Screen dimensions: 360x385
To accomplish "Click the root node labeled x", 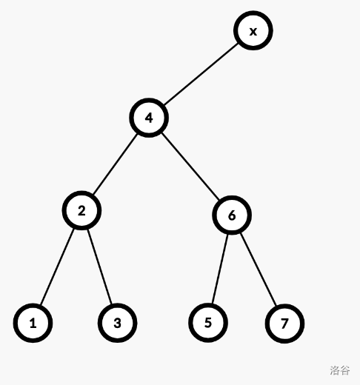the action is (x=253, y=30).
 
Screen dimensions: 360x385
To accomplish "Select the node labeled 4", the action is (x=149, y=118).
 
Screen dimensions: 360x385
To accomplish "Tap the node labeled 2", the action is (x=81, y=210).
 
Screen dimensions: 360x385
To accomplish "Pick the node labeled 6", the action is (x=232, y=215).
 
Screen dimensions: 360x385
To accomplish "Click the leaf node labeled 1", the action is (x=33, y=323).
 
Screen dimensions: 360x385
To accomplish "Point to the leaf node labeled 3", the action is (x=118, y=323).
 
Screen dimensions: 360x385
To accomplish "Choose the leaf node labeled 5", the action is (x=208, y=323).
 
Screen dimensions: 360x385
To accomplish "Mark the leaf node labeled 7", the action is (x=284, y=324).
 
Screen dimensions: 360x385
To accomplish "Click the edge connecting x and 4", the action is (x=201, y=74).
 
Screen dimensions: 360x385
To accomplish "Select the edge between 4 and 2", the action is (x=115, y=164).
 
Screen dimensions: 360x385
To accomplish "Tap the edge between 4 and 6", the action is (x=190, y=167).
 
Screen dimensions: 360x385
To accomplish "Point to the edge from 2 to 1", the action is (x=57, y=267).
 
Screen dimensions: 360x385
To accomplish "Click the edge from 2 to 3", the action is (x=100, y=267).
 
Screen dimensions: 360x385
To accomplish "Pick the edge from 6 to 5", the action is (x=220, y=269).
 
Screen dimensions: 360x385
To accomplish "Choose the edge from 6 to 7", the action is (x=259, y=269).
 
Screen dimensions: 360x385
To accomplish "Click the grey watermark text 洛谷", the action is (x=340, y=370).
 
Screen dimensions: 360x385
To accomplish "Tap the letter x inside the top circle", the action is (x=253, y=32).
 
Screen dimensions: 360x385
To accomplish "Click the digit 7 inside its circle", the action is (x=284, y=324).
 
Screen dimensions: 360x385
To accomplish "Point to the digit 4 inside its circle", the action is (x=149, y=118).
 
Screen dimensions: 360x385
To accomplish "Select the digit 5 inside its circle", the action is (x=208, y=323).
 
